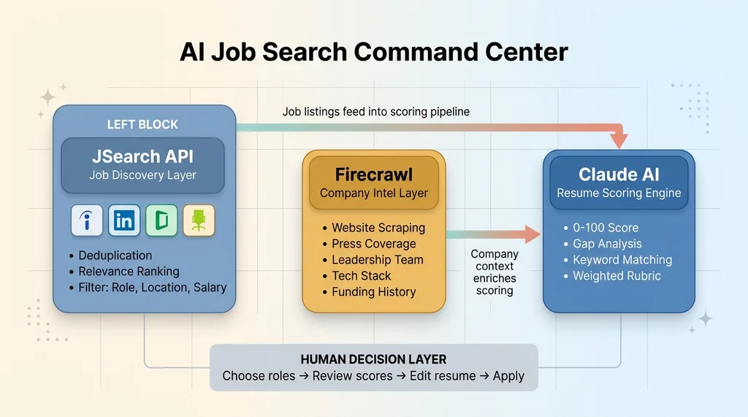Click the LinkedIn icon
(124, 221)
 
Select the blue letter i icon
(86, 221)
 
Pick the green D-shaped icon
(162, 221)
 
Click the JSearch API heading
(142, 156)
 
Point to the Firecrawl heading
(373, 175)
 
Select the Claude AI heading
(619, 175)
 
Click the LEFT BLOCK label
(142, 124)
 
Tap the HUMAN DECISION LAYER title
(373, 359)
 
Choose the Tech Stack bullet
(362, 276)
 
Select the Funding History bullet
(373, 292)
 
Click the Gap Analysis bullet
(607, 244)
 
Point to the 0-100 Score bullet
(606, 228)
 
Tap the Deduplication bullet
(115, 256)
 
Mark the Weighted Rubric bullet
(617, 276)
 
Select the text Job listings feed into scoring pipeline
(376, 112)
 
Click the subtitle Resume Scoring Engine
(619, 194)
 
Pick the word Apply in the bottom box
(508, 376)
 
